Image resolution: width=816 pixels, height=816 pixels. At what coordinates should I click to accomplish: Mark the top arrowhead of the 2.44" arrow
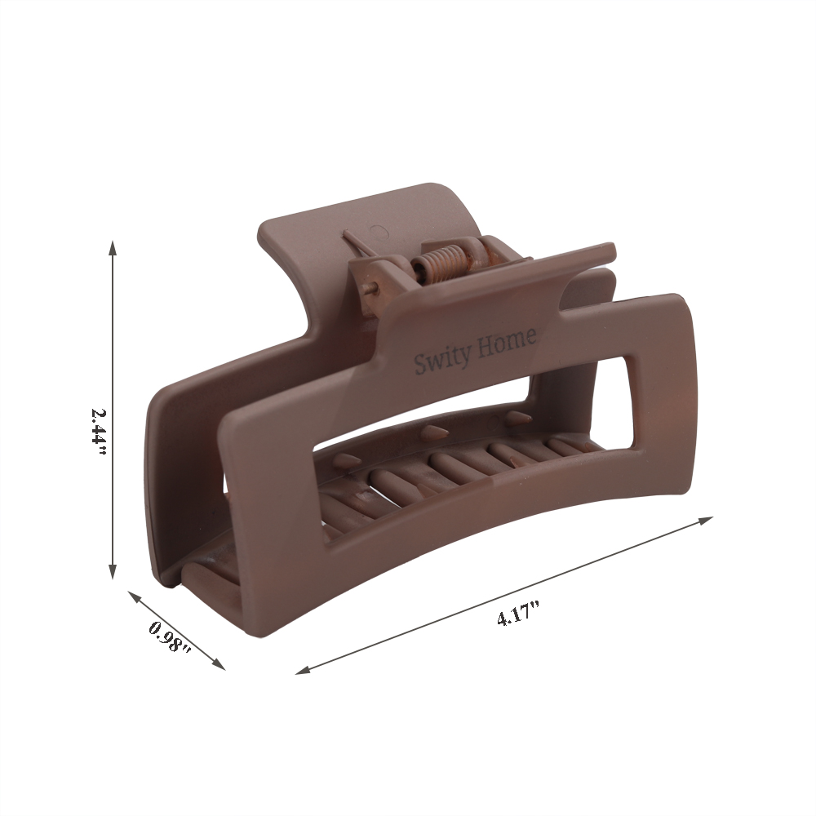pyautogui.click(x=113, y=246)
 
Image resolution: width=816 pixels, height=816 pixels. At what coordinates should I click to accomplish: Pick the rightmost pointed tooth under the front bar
pyautogui.click(x=516, y=418)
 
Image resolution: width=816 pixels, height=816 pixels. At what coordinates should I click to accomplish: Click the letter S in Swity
pyautogui.click(x=419, y=364)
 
